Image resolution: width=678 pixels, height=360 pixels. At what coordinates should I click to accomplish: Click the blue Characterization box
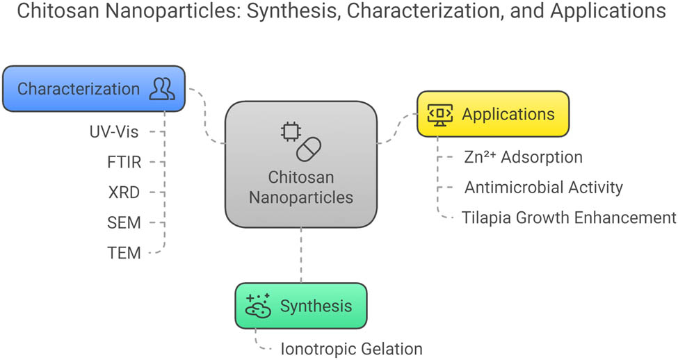pyautogui.click(x=94, y=89)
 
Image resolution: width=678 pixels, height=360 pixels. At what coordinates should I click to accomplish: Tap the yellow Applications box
pyautogui.click(x=493, y=114)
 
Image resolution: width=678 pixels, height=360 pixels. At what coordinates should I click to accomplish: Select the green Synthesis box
pyautogui.click(x=300, y=306)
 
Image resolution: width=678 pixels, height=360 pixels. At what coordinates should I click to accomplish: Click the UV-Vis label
pyautogui.click(x=115, y=131)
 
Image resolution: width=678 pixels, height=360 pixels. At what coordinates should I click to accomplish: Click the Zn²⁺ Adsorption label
pyautogui.click(x=523, y=157)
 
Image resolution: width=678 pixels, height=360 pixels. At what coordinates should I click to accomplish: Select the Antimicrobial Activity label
pyautogui.click(x=543, y=187)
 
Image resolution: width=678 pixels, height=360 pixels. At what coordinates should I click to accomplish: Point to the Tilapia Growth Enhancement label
pyautogui.click(x=568, y=218)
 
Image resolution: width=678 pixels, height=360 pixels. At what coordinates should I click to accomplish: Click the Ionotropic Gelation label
pyautogui.click(x=350, y=348)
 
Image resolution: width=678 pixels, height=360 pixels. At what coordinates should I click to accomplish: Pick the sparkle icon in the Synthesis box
pyautogui.click(x=258, y=306)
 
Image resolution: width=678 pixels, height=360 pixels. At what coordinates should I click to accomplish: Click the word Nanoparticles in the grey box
pyautogui.click(x=301, y=197)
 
